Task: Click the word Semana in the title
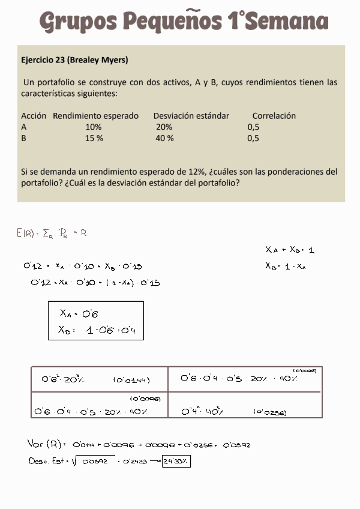click(287, 22)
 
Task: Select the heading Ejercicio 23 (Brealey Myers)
click(74, 60)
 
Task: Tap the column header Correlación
click(274, 116)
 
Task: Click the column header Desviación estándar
click(191, 116)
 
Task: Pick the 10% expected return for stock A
click(94, 127)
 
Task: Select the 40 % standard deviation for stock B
click(165, 138)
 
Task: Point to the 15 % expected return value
click(94, 138)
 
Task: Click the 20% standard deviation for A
click(164, 127)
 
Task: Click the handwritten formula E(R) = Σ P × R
click(52, 233)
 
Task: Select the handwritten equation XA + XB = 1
click(290, 250)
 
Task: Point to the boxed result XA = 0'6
click(79, 313)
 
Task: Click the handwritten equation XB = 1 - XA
click(286, 267)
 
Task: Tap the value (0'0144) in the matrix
click(131, 380)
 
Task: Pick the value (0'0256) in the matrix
click(269, 412)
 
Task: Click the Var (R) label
click(46, 445)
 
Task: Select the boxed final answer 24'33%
click(176, 462)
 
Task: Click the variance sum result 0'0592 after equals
click(236, 445)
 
